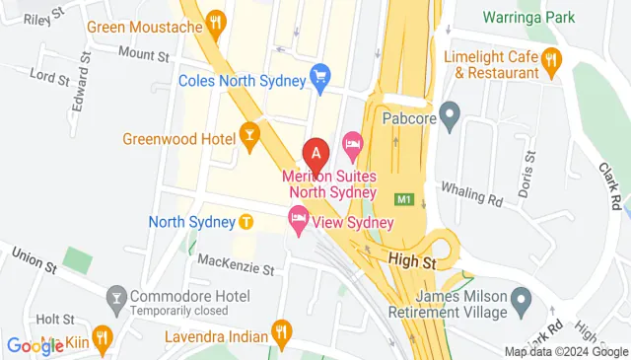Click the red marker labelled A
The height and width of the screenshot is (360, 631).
[315, 154]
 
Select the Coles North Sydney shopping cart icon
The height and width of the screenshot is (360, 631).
[319, 75]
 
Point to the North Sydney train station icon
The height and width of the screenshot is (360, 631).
[244, 221]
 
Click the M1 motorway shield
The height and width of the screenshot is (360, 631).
[402, 198]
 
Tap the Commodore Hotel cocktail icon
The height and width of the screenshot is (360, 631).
[116, 296]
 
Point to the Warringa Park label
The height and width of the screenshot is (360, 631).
[526, 17]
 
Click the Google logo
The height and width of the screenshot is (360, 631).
[35, 345]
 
